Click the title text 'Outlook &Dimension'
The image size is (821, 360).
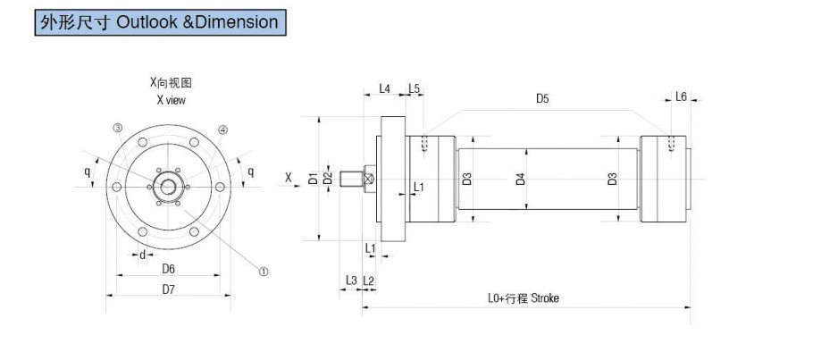pos(197,22)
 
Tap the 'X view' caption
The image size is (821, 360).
pos(171,100)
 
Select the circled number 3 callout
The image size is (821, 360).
pos(118,129)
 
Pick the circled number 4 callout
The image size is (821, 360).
pos(222,130)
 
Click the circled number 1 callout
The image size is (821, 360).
pos(264,271)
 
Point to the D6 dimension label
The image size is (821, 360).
pos(168,268)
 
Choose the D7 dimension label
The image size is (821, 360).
pos(168,289)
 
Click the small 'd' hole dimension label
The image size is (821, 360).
pos(142,255)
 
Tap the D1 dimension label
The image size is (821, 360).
pos(313,178)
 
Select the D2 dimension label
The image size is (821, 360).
pos(328,178)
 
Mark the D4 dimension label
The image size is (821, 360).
pos(520,179)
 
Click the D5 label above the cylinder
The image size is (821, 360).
pos(542,98)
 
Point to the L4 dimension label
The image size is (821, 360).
pos(385,88)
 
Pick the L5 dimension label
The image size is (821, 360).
pos(415,88)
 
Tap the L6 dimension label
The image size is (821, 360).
pos(681,96)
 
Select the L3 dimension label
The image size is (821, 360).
pos(351,280)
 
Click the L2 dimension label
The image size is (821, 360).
pos(369,280)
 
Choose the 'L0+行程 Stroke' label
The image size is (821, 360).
pos(524,298)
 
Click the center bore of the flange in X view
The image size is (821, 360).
pos(168,187)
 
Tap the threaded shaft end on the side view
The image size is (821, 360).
pos(350,179)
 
